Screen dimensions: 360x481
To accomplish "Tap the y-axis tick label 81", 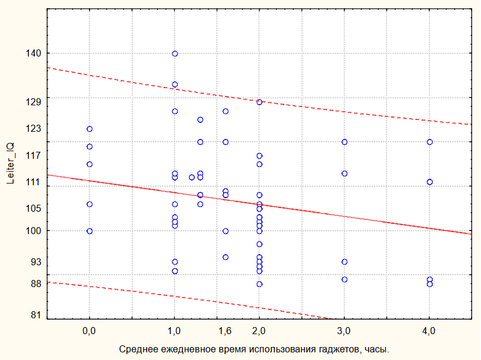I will [x=37, y=315].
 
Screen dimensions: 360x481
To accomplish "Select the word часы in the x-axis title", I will [x=376, y=349].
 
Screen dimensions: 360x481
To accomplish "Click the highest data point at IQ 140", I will [x=175, y=54].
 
